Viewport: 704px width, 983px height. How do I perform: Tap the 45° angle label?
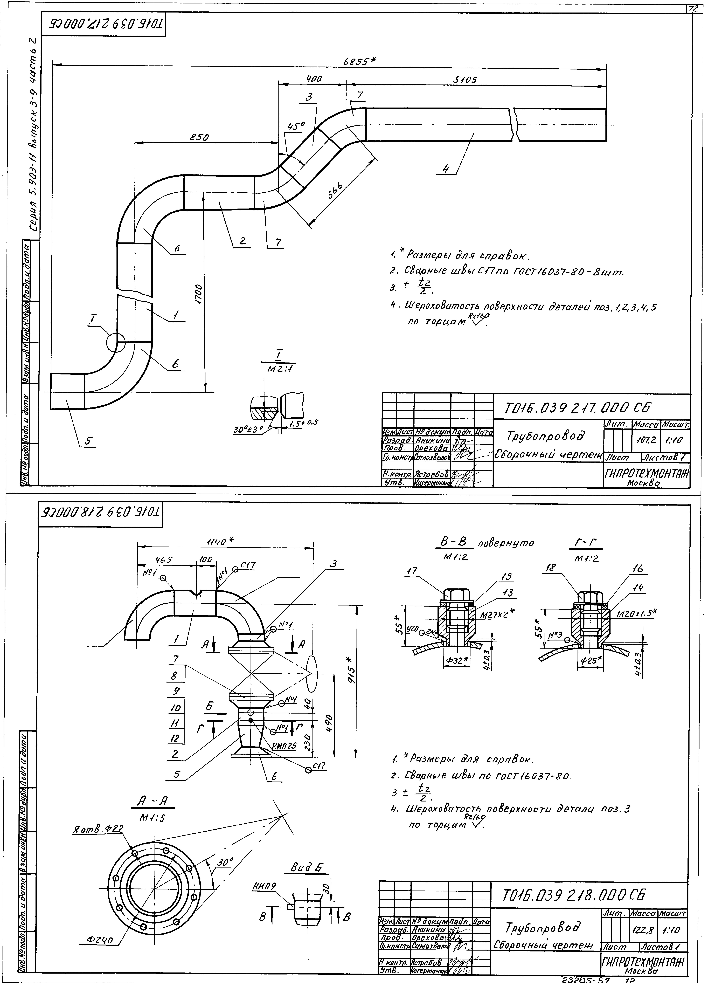(x=296, y=126)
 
